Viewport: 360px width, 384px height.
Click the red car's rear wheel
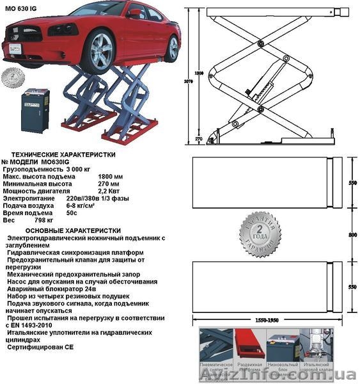coord(171,48)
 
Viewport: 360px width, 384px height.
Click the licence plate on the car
coord(13,49)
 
